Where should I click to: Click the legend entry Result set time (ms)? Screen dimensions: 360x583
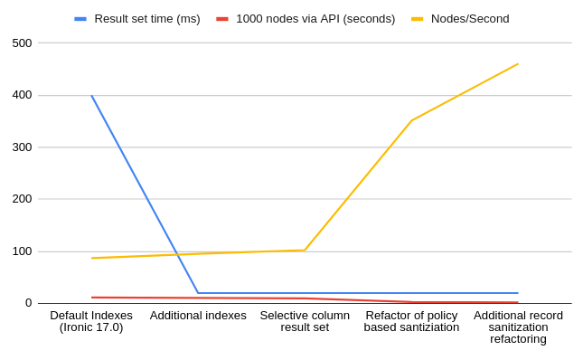[x=146, y=18]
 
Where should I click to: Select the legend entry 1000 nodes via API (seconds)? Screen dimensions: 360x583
[x=315, y=18]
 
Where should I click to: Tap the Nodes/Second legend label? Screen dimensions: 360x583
[x=469, y=18]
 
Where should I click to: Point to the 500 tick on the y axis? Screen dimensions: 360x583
[x=22, y=43]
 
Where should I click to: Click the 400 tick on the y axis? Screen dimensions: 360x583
[x=22, y=95]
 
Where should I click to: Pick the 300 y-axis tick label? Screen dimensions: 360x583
[x=22, y=147]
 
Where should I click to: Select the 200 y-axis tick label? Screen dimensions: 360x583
[x=22, y=199]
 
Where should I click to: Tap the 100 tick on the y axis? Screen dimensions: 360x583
[x=22, y=251]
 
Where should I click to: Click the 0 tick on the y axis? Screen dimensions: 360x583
[x=28, y=303]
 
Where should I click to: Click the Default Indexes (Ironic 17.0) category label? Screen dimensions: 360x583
[x=91, y=321]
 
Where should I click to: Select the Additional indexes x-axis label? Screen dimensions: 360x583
[x=198, y=316]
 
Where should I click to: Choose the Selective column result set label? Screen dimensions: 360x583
[x=305, y=321]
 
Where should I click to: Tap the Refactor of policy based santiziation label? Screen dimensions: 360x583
[x=411, y=321]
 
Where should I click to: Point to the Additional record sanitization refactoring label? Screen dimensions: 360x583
[x=518, y=327]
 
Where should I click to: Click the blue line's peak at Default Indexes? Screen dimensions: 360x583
[x=91, y=95]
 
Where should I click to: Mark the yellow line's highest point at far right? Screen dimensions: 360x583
[x=518, y=63]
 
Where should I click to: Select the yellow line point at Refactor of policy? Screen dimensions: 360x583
[x=411, y=120]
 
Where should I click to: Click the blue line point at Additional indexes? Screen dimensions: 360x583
[x=198, y=293]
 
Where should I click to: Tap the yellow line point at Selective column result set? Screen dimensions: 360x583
[x=305, y=251]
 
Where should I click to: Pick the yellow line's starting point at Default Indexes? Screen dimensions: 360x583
[x=91, y=258]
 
